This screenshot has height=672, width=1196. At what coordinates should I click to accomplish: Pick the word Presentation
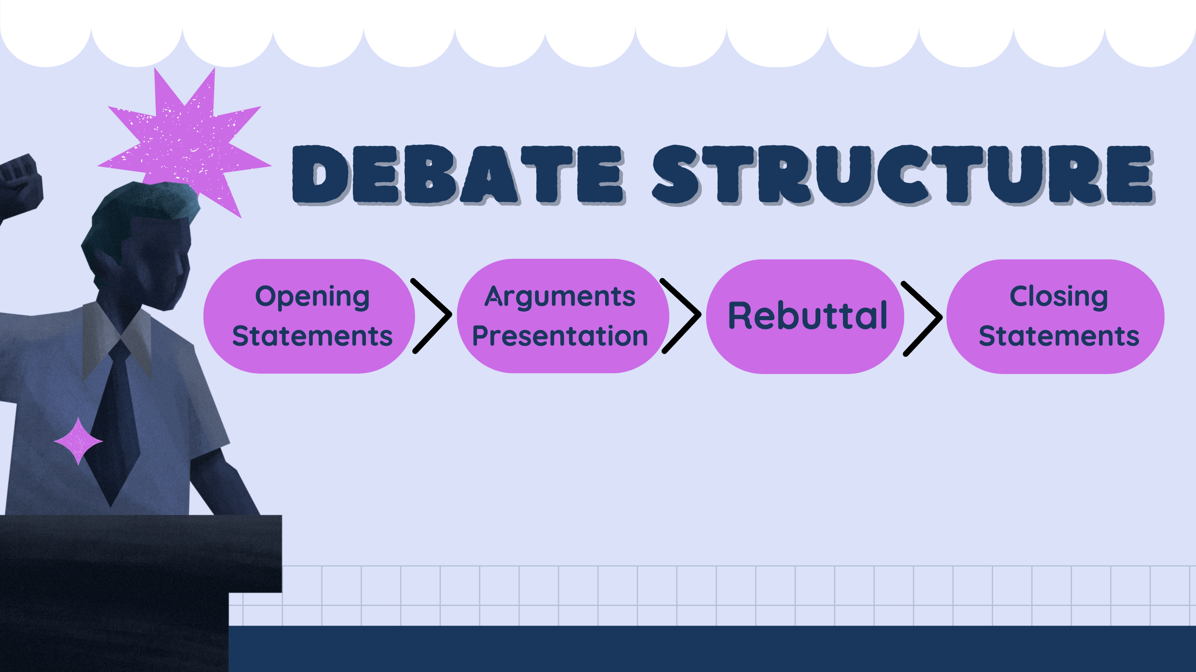pyautogui.click(x=559, y=336)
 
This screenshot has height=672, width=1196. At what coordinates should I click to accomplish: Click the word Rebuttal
pyautogui.click(x=807, y=316)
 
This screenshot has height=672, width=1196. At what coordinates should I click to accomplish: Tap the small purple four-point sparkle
pyautogui.click(x=78, y=441)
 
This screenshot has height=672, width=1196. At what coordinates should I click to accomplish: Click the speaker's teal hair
pyautogui.click(x=139, y=204)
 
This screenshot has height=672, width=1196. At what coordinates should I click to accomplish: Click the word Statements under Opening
pyautogui.click(x=312, y=336)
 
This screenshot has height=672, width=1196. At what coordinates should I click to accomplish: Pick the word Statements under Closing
pyautogui.click(x=1059, y=336)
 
